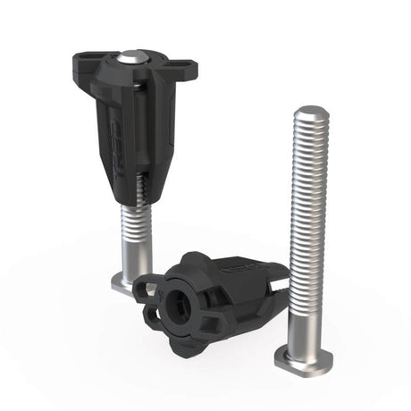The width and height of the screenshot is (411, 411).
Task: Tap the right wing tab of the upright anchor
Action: click(187, 69)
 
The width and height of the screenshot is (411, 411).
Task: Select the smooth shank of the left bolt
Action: click(126, 255)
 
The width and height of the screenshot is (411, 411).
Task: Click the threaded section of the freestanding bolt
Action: click(309, 197)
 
